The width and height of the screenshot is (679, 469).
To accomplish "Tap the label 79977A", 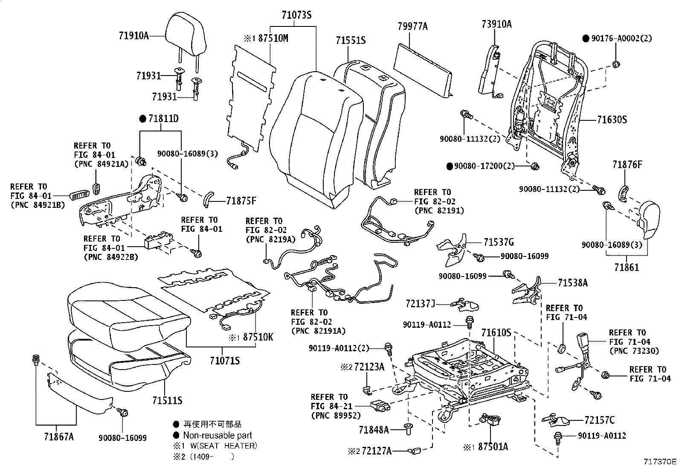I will (x=412, y=27).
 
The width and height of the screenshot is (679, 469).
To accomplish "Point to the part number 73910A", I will (x=496, y=24).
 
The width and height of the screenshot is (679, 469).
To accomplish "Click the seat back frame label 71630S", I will (x=612, y=120).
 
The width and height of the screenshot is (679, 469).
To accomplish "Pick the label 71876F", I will (x=627, y=164).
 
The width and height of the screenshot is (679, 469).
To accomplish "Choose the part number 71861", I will (x=627, y=268).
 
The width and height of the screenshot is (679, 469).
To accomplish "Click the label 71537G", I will (x=498, y=242).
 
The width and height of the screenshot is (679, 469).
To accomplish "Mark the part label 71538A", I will (x=572, y=283).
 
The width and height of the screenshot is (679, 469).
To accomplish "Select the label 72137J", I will (x=420, y=304).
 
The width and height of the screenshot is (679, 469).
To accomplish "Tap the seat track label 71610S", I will (x=496, y=332).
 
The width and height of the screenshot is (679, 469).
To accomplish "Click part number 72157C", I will (x=600, y=420).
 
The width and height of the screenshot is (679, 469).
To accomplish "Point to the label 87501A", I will (x=493, y=447).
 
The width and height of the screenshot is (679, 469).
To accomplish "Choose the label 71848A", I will (x=374, y=430).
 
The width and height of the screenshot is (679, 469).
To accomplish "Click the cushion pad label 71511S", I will (x=167, y=400).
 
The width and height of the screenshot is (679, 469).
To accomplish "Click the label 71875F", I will (x=241, y=201).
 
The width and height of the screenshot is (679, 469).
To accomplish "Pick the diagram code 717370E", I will (x=660, y=462).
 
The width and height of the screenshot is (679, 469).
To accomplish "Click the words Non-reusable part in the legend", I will (x=218, y=435).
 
